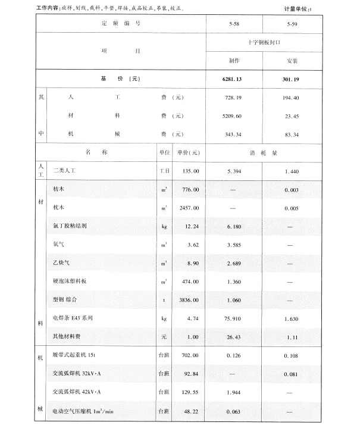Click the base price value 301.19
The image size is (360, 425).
tap(292, 79)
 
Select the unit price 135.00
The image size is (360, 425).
tap(189, 170)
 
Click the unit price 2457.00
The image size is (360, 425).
tap(187, 208)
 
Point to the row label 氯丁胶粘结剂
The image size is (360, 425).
tap(70, 226)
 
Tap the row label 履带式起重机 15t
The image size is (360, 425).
tap(74, 355)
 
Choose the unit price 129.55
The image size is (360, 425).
tap(189, 392)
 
